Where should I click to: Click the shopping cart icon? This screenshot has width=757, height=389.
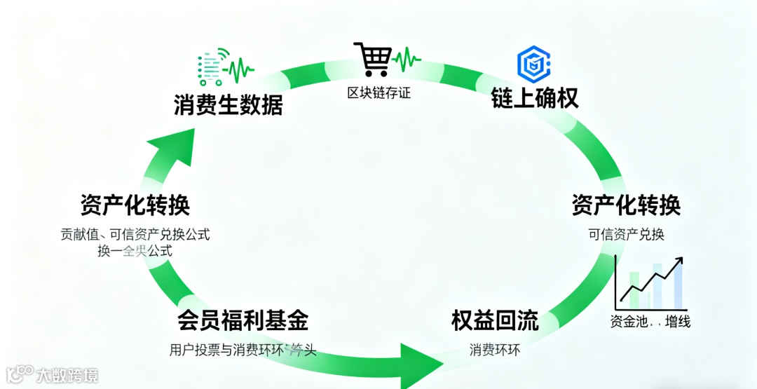[371, 59]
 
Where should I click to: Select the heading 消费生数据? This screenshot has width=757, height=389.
[229, 105]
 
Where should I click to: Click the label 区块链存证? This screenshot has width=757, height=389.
[379, 93]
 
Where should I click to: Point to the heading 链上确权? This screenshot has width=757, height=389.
[535, 99]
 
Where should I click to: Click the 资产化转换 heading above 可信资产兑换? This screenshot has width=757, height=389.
[626, 205]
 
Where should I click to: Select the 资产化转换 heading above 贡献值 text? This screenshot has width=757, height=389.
[135, 205]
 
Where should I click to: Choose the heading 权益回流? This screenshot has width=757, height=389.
[495, 321]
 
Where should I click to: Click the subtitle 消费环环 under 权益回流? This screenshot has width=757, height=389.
[495, 349]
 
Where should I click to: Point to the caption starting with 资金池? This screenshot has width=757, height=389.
[650, 322]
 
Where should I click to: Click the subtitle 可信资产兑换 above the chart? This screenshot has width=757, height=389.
[626, 235]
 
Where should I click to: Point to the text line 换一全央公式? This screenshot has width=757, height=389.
[135, 251]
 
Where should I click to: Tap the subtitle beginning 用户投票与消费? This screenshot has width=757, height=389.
[243, 349]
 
